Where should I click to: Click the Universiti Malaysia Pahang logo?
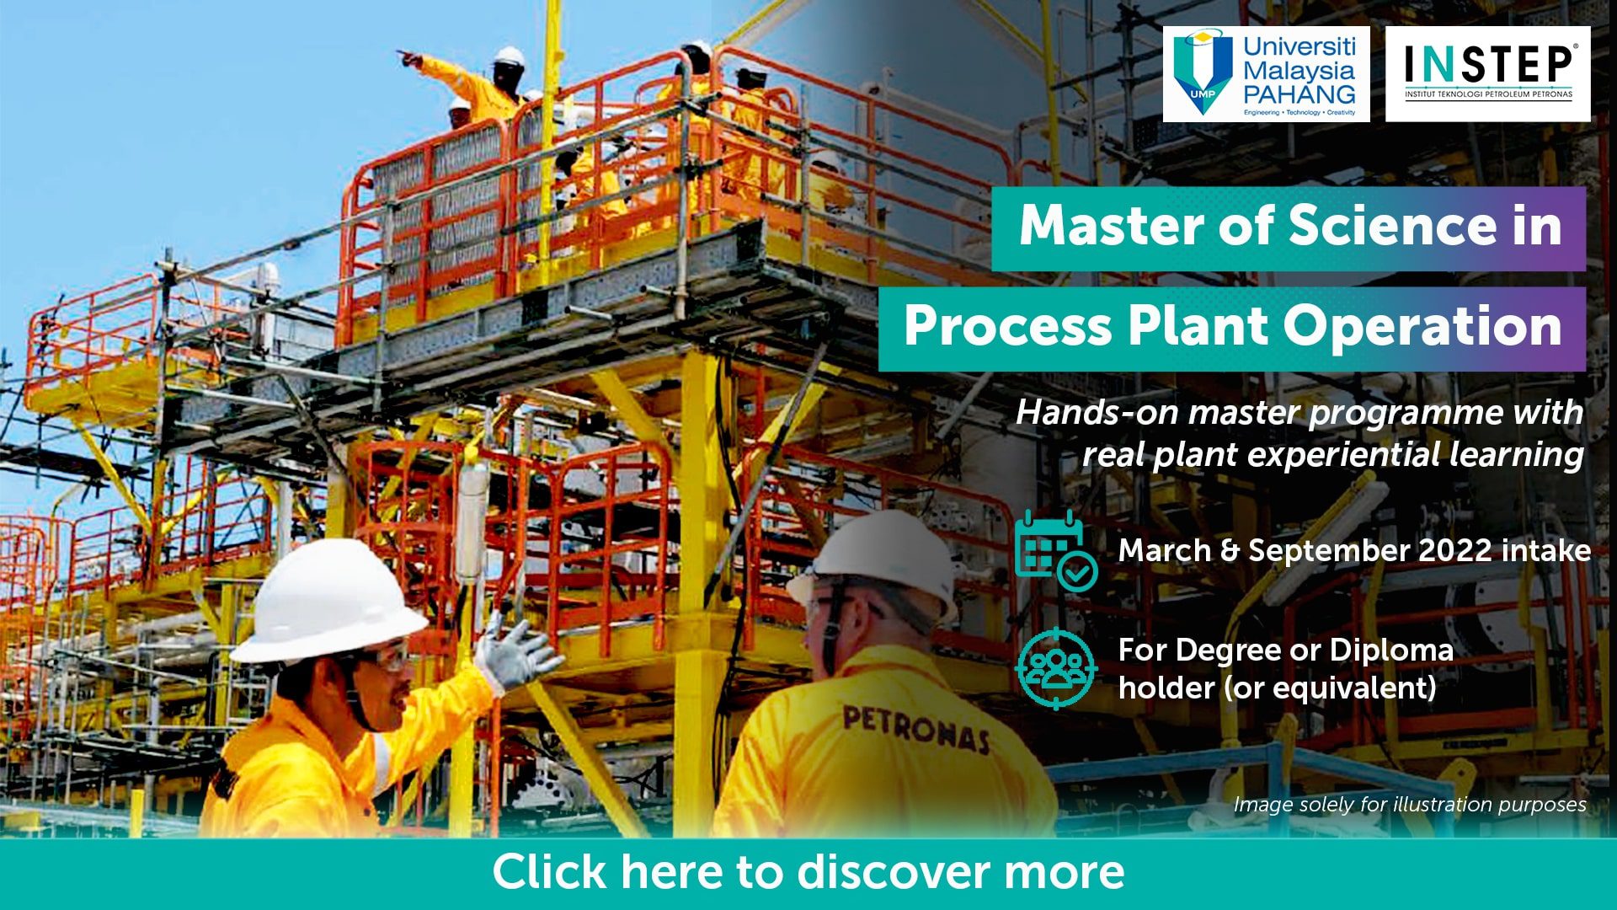[1266, 74]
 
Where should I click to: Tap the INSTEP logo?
[1488, 74]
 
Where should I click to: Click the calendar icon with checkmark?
[1056, 550]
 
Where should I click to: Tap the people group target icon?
[1056, 669]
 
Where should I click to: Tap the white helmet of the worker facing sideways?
[329, 600]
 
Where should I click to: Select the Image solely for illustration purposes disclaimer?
[1410, 805]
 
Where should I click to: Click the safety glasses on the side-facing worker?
[383, 655]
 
